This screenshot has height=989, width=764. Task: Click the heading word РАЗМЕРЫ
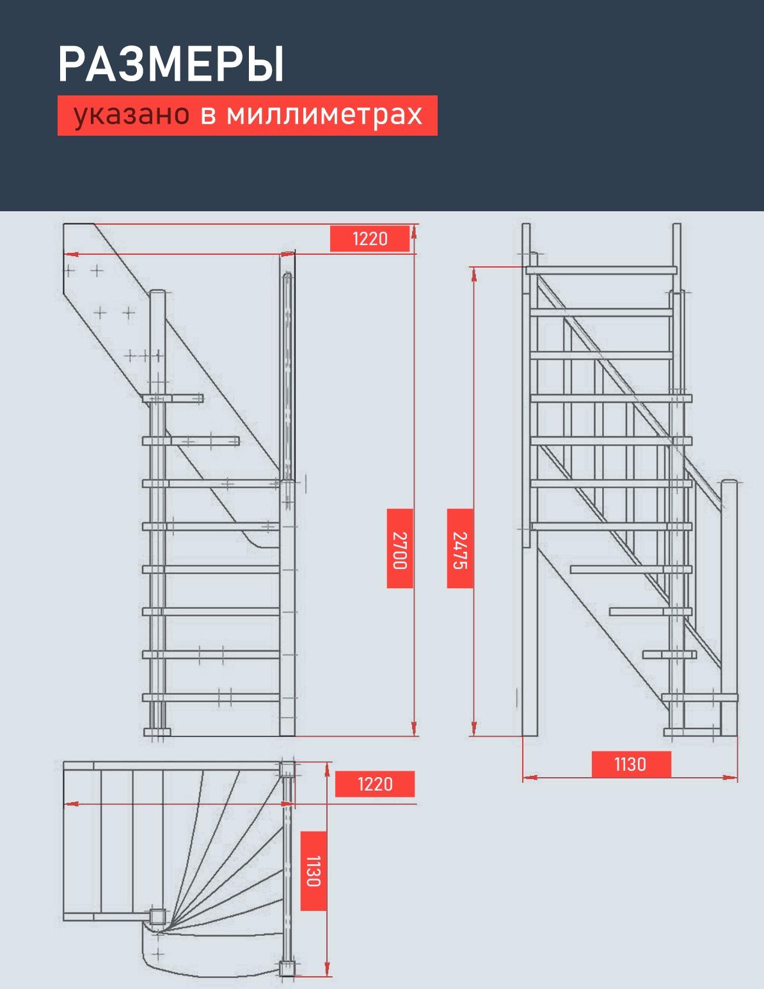pos(171,64)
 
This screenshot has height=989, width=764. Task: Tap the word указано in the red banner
pos(131,115)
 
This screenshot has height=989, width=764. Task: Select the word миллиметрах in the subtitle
pos(324,115)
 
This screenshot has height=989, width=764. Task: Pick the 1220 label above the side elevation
pos(370,239)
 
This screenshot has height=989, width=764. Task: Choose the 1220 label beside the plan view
pos(375,784)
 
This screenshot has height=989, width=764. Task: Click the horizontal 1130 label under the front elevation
pos(630,764)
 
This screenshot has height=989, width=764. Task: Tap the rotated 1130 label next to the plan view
pos(314,871)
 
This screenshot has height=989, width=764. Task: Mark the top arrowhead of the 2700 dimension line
pos(414,232)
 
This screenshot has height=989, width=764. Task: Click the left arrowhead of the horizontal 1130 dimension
pos(529,777)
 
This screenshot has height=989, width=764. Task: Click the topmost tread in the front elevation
pos(601,270)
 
